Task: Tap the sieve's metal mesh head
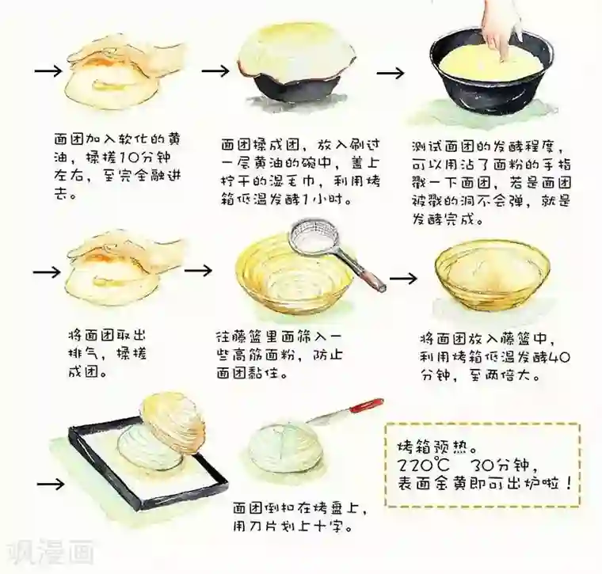click(313, 238)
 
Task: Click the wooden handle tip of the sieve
click(382, 287)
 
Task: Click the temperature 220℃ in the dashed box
click(423, 465)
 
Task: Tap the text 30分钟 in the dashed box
click(500, 465)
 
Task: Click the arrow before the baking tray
click(51, 484)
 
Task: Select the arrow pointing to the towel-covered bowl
click(215, 71)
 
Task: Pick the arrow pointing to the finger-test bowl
click(391, 73)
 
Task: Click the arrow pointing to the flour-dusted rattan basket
click(198, 271)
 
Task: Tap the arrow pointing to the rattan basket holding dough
click(403, 278)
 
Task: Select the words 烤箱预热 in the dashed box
click(432, 447)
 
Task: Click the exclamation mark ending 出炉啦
click(568, 483)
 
